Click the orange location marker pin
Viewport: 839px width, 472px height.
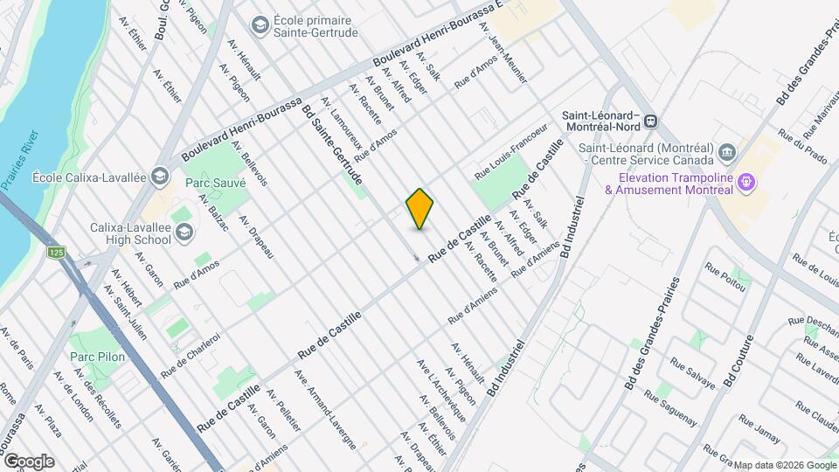[x=419, y=208]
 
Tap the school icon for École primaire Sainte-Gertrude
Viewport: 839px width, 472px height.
[x=260, y=24]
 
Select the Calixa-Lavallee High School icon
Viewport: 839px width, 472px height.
[x=184, y=232]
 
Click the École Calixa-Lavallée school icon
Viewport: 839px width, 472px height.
[x=159, y=177]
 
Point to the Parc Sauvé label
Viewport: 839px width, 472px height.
[x=215, y=184]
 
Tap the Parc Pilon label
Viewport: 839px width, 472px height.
[x=98, y=357]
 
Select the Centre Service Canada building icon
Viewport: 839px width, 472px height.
[x=727, y=154]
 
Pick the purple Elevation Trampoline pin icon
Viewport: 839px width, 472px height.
[x=745, y=183]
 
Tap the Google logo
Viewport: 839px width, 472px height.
[x=29, y=461]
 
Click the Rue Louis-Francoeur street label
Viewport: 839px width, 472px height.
[x=510, y=152]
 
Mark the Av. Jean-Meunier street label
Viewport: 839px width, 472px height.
[x=504, y=53]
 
